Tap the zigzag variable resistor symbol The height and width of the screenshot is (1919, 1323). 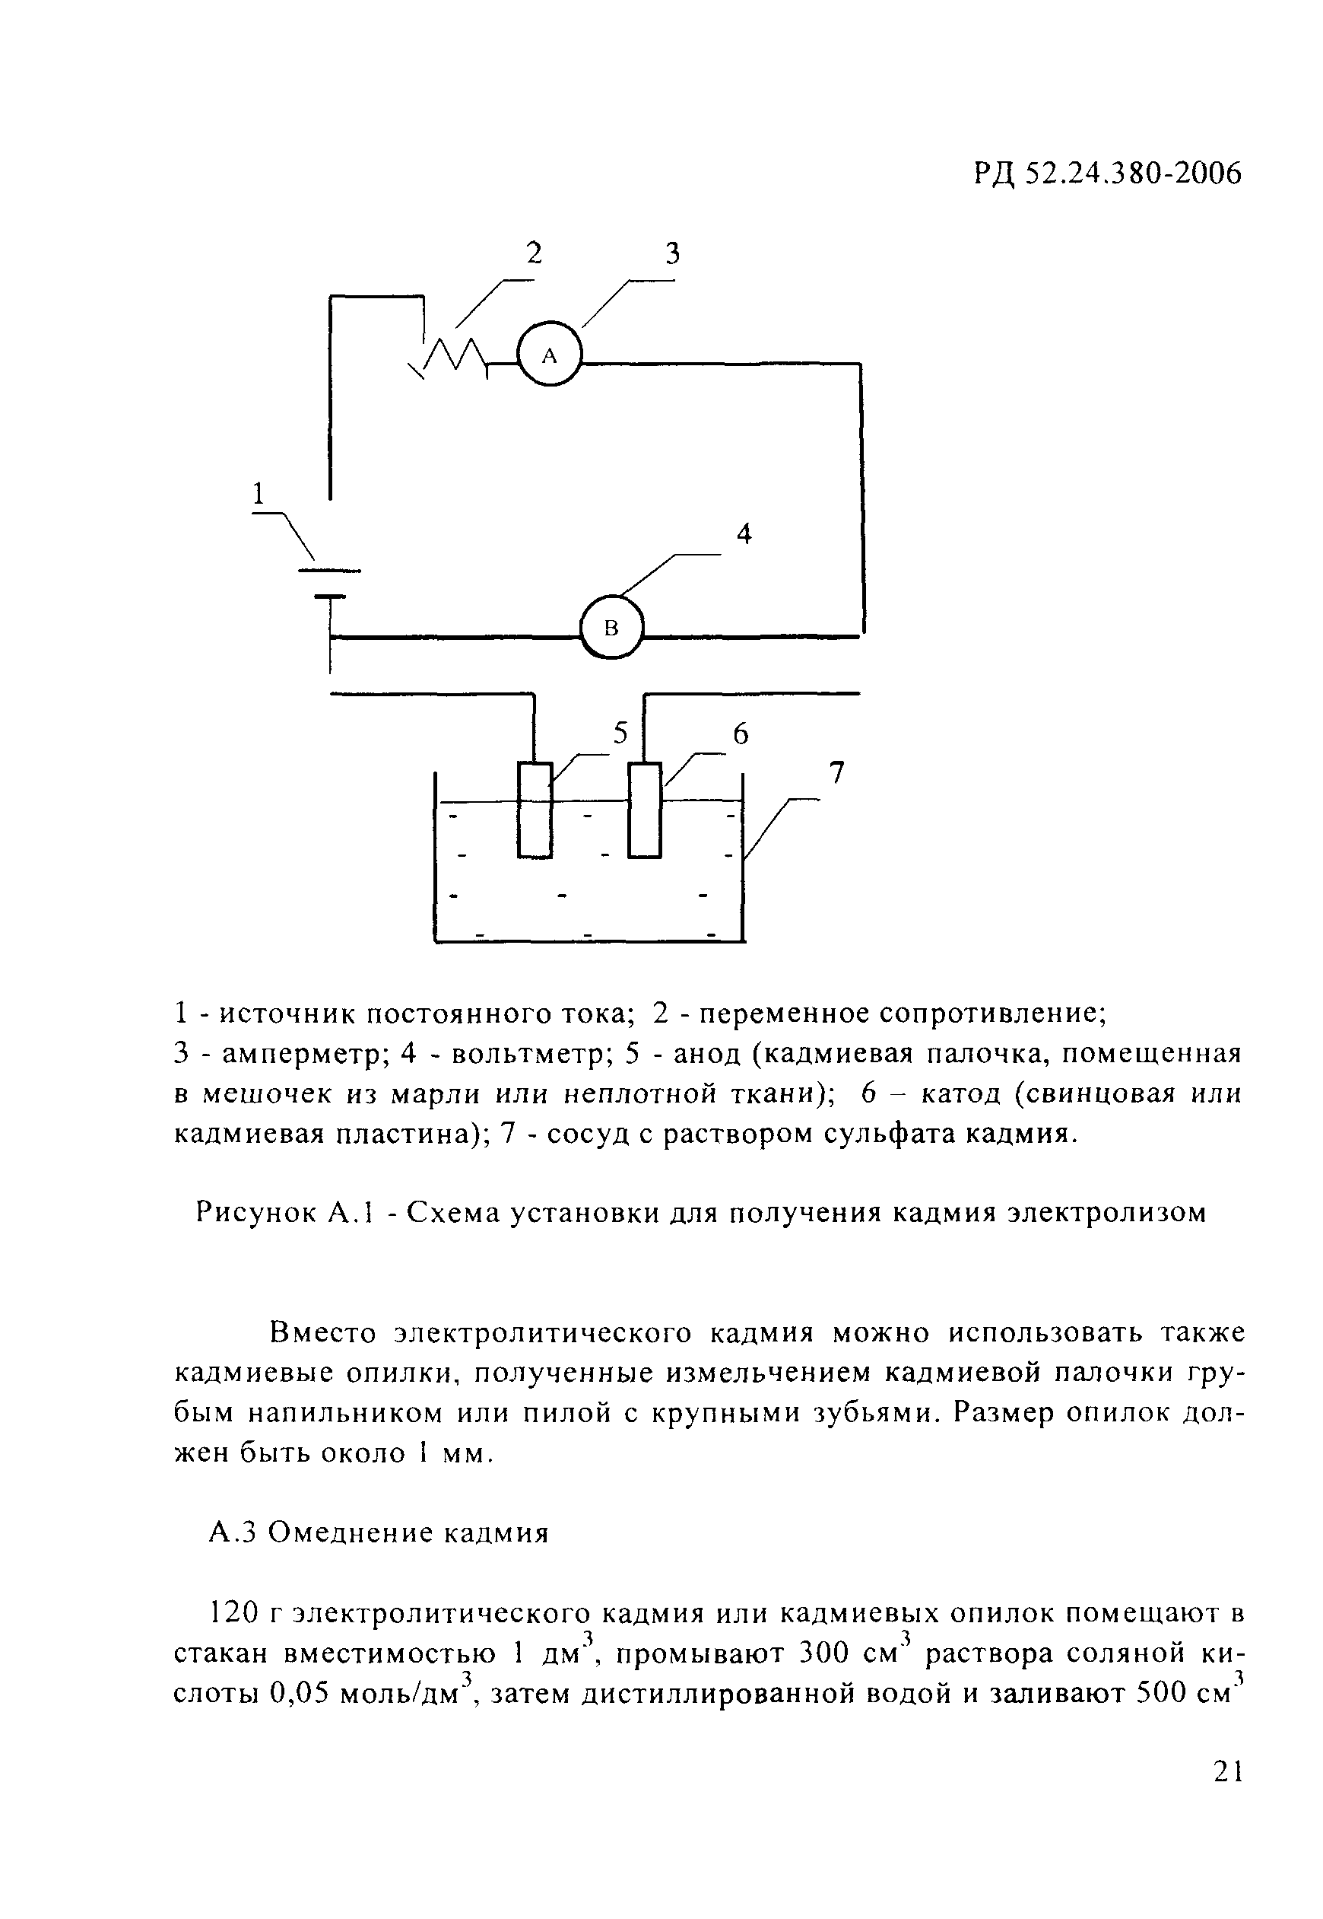coord(452,357)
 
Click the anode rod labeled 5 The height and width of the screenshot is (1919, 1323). coord(535,810)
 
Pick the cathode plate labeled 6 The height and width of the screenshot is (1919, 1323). coord(645,810)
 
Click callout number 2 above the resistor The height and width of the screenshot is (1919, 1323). coord(534,252)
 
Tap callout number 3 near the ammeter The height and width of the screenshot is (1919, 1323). coord(672,253)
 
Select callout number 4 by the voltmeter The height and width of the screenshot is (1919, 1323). coord(744,535)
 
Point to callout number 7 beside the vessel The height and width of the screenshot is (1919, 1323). coord(836,773)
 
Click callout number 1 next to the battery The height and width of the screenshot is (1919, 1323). coord(259,495)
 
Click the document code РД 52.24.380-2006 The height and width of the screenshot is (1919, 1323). coord(1108,174)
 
